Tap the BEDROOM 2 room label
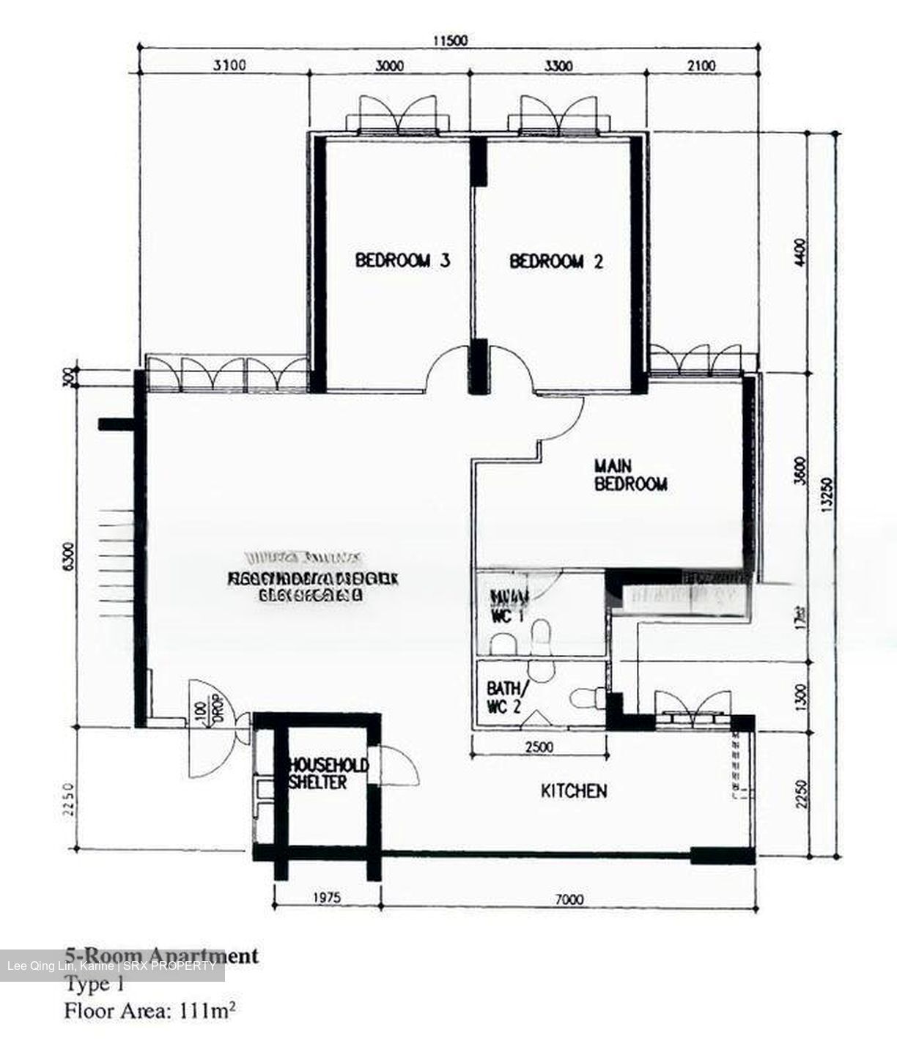[556, 262]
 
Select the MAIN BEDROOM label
[630, 475]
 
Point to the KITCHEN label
[573, 791]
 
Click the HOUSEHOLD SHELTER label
[328, 774]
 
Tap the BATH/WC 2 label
[506, 698]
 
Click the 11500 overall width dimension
[449, 41]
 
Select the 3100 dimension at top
[229, 66]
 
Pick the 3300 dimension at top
[558, 66]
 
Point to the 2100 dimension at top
[701, 66]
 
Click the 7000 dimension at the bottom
[569, 900]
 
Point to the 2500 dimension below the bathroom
[539, 748]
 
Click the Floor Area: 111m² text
[149, 1012]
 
